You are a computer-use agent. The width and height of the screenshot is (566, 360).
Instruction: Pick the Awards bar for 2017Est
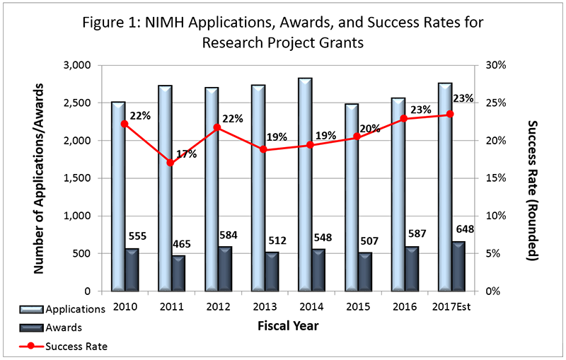458,266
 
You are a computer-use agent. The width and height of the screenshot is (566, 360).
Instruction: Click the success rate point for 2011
171,163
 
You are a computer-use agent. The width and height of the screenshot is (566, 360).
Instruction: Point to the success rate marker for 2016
404,119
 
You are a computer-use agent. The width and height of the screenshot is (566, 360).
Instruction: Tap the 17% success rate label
187,153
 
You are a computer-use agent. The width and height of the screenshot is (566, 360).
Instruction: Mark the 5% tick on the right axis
492,253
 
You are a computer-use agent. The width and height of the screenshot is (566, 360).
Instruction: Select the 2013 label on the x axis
265,308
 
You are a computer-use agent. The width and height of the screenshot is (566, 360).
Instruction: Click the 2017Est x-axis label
452,308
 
